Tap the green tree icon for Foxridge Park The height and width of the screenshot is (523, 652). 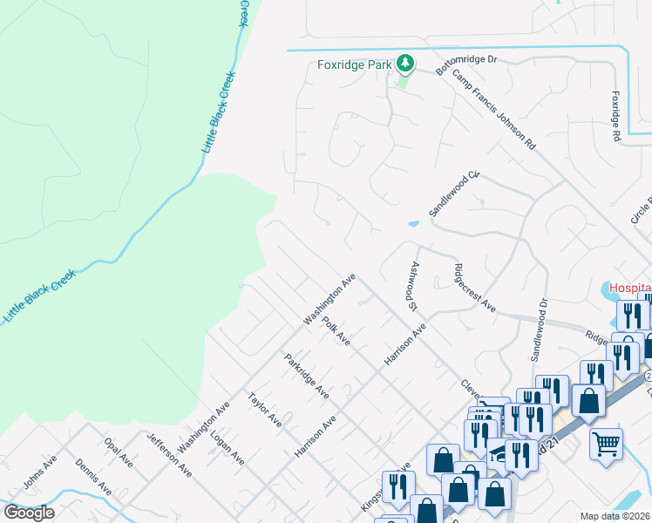404,63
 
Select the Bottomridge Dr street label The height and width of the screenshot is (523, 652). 465,66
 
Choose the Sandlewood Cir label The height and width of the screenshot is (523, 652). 454,194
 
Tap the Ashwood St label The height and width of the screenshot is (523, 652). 411,284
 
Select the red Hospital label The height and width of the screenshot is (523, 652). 629,287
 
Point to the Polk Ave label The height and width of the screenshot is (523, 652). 336,332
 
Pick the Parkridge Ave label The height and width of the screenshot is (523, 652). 306,376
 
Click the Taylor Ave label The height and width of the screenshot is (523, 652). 264,409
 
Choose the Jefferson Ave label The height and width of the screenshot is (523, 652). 169,453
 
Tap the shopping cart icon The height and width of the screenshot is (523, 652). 606,443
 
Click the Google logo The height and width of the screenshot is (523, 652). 29,513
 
